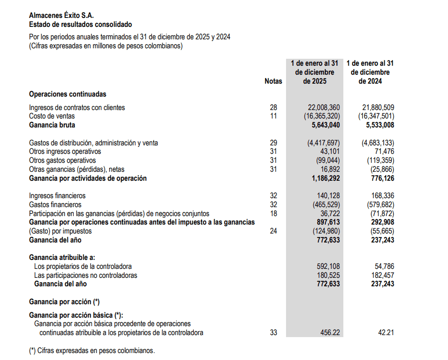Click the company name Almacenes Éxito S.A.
(x=61, y=15)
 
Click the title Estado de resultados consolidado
(x=80, y=24)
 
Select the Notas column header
(x=273, y=81)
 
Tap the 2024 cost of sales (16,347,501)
(x=376, y=116)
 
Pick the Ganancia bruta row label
(x=52, y=125)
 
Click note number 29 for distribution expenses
(x=273, y=143)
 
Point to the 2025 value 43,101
(x=329, y=151)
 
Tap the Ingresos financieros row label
(x=57, y=196)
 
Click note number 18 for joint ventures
(x=273, y=213)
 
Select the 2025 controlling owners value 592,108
(x=328, y=266)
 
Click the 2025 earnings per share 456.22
(x=329, y=333)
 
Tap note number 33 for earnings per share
(x=273, y=333)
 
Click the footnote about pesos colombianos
(x=92, y=350)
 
